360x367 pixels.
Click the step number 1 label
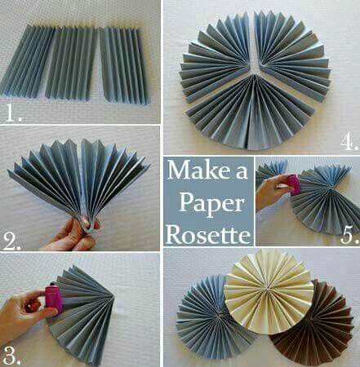(x=14, y=114)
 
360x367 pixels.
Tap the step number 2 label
(x=12, y=242)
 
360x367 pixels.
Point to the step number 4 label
(x=349, y=142)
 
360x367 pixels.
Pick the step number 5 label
(x=349, y=235)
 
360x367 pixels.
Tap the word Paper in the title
(x=211, y=204)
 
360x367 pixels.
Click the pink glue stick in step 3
(x=54, y=299)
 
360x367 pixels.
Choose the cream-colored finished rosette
(x=269, y=291)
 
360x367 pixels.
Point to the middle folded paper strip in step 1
(x=71, y=63)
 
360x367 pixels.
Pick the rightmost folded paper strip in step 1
(x=125, y=64)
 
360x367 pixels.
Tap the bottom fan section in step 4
(x=251, y=114)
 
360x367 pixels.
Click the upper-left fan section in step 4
(x=215, y=55)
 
